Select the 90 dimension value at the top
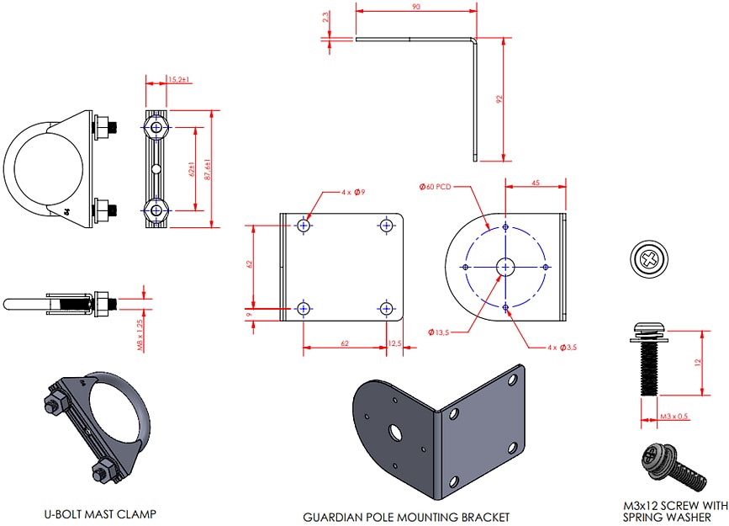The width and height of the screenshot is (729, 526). (416, 7)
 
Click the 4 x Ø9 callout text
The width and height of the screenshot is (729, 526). (351, 193)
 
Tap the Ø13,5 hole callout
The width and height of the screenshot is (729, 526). (440, 333)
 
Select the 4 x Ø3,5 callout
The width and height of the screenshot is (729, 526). (562, 347)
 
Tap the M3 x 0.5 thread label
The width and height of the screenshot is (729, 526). (675, 417)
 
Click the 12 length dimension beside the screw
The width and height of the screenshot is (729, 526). (697, 362)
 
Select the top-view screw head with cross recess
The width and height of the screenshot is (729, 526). (651, 258)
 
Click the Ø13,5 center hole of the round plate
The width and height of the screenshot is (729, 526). (505, 267)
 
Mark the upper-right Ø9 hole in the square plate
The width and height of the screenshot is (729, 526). (386, 226)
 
